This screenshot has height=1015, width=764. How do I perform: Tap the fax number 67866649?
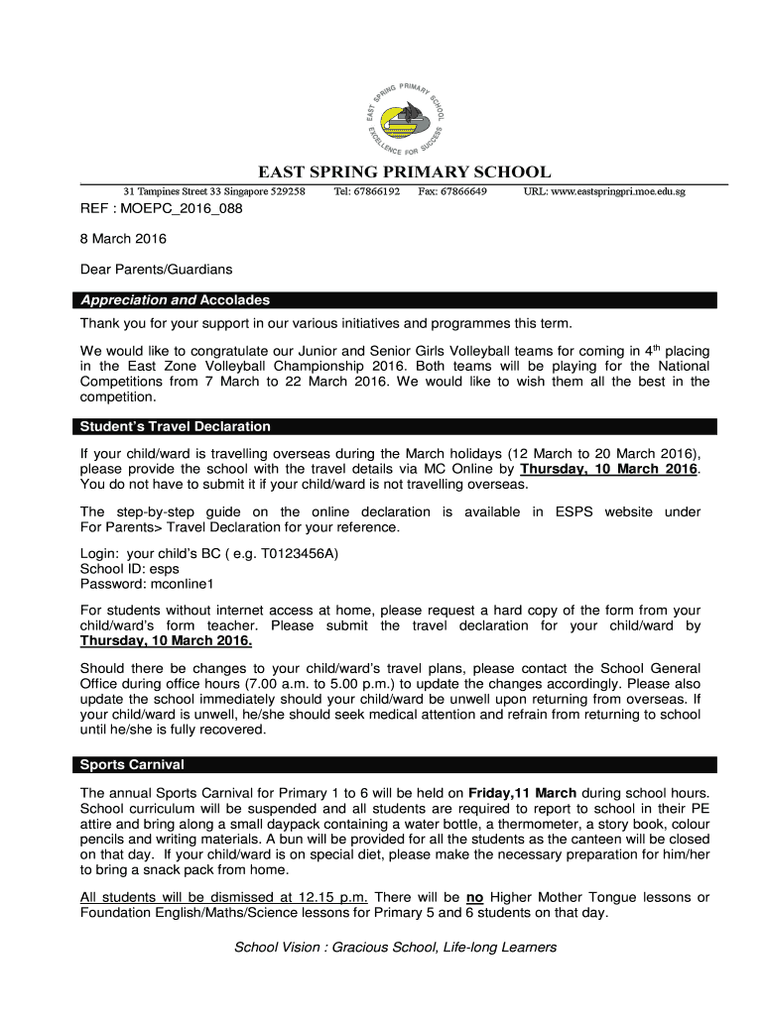(463, 190)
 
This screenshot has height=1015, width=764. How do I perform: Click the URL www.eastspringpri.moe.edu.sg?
(604, 190)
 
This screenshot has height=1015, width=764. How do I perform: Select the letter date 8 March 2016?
(123, 239)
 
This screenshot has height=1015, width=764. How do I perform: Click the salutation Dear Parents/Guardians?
(156, 269)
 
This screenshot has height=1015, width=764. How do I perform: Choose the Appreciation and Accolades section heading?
(175, 300)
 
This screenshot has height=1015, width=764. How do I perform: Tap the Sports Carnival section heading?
(132, 765)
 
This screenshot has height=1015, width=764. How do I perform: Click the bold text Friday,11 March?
(522, 793)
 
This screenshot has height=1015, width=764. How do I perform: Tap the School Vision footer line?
(395, 948)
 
